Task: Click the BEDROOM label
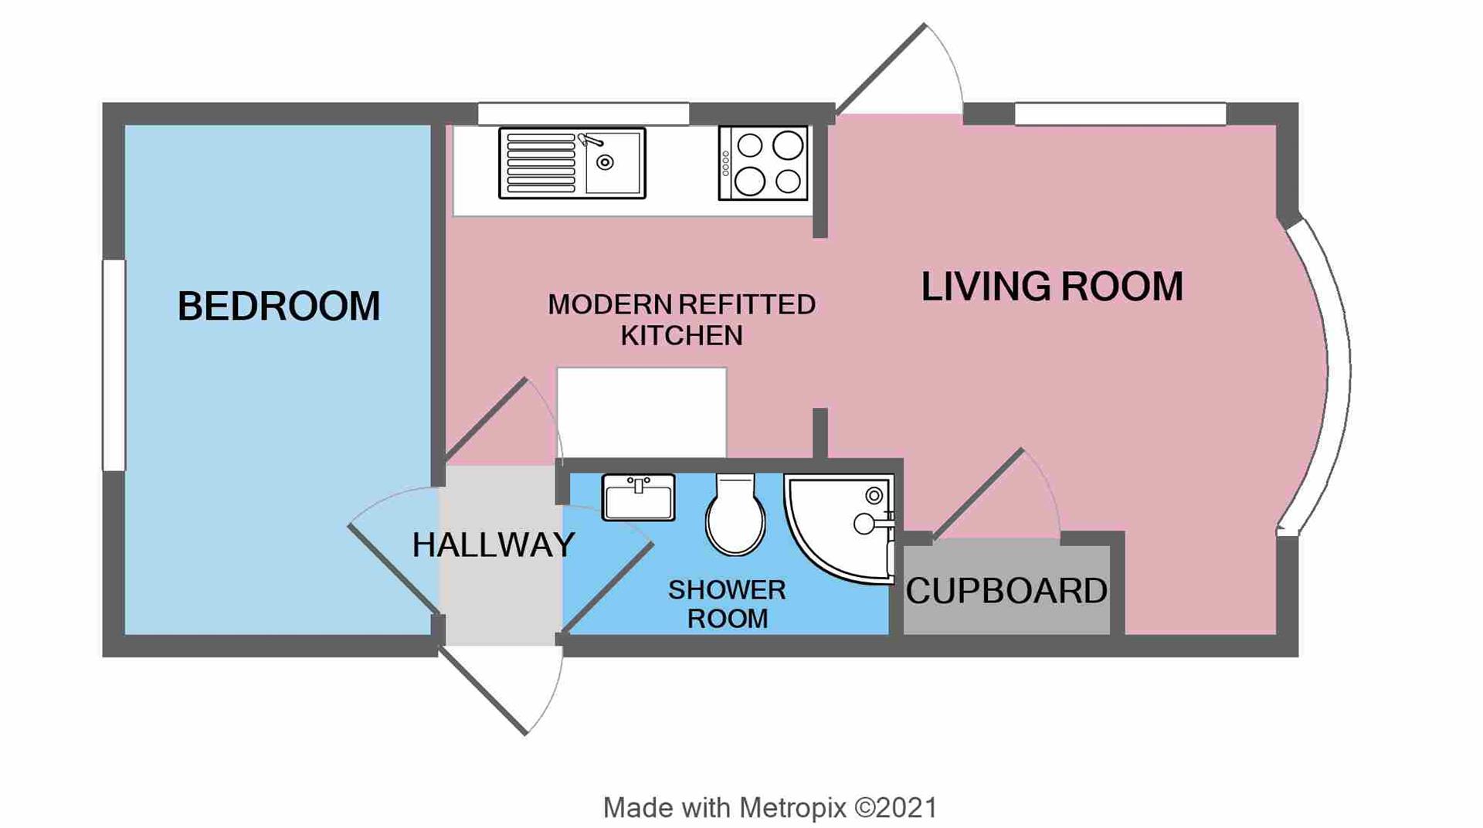click(278, 306)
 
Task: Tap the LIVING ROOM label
click(1051, 287)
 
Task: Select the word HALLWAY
click(493, 545)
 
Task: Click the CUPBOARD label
click(1006, 591)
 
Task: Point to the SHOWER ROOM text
click(727, 604)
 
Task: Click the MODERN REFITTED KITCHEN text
click(681, 320)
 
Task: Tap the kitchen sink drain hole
click(606, 162)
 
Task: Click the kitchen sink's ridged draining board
click(541, 163)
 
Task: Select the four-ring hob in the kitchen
click(763, 163)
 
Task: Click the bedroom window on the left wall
click(114, 365)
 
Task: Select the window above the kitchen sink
click(583, 114)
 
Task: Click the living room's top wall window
click(1120, 114)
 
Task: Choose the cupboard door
click(978, 494)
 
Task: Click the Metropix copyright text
click(770, 808)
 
